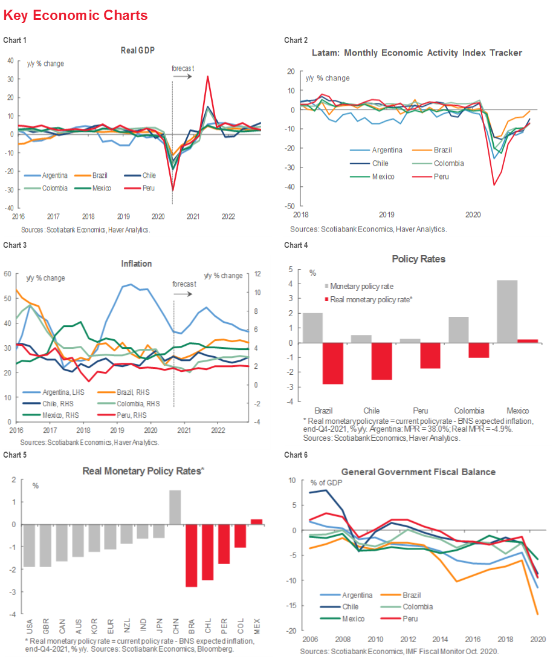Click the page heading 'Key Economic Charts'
(x=75, y=15)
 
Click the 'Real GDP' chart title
(x=138, y=51)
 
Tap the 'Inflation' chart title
(x=136, y=264)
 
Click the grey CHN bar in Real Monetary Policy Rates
(x=175, y=507)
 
